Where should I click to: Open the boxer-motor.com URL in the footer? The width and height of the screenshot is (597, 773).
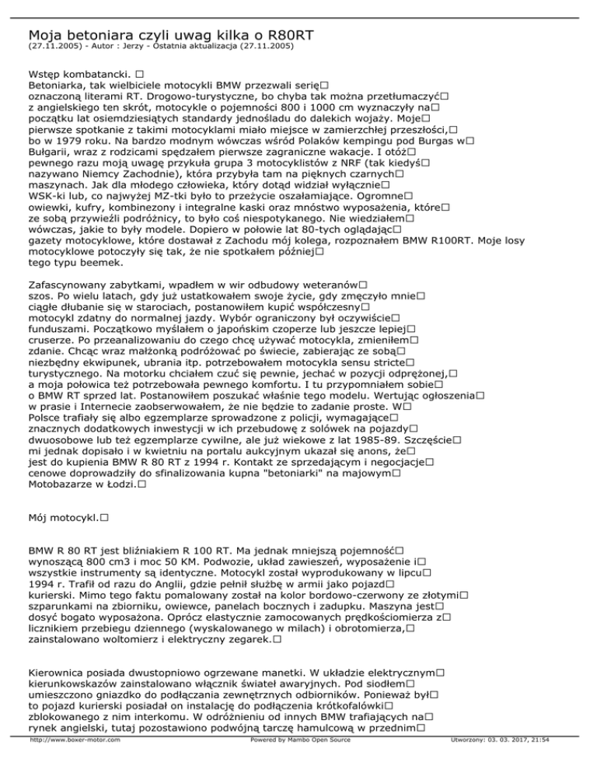(x=75, y=762)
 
